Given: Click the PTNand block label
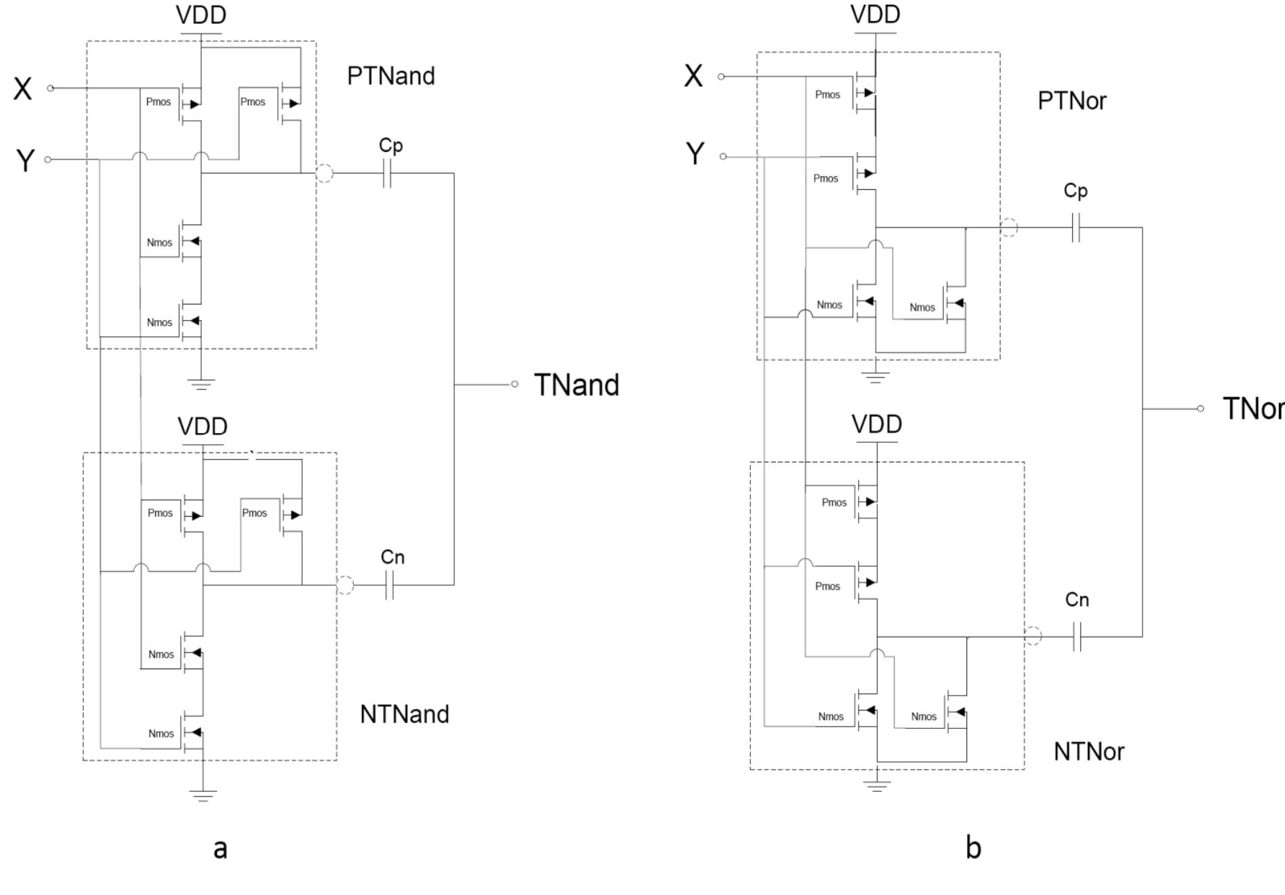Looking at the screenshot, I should click(390, 76).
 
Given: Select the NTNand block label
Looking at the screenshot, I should click(404, 715).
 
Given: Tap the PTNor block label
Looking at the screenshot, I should click(1072, 101).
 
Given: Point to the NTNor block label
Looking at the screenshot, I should click(1088, 751).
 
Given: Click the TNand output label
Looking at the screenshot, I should click(576, 385).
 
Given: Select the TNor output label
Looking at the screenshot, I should click(1252, 409).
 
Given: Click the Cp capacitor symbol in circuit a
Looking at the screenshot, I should click(387, 174).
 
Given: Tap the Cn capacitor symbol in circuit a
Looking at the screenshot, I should click(389, 584).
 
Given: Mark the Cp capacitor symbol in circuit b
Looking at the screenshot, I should click(1076, 228).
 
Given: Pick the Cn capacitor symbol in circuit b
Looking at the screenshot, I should click(1078, 637).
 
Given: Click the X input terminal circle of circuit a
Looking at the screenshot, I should click(50, 88).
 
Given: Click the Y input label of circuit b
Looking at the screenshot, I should click(695, 155).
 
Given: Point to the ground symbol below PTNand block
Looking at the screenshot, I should click(201, 384).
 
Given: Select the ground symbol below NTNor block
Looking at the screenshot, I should click(877, 786).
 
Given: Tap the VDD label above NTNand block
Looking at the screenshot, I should click(202, 426).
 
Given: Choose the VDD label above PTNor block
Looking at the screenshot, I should click(875, 14).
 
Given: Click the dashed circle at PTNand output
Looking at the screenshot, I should click(325, 174).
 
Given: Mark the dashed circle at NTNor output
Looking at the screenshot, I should click(1032, 636).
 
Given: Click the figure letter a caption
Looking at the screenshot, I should click(220, 848).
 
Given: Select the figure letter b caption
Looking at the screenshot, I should click(973, 848).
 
